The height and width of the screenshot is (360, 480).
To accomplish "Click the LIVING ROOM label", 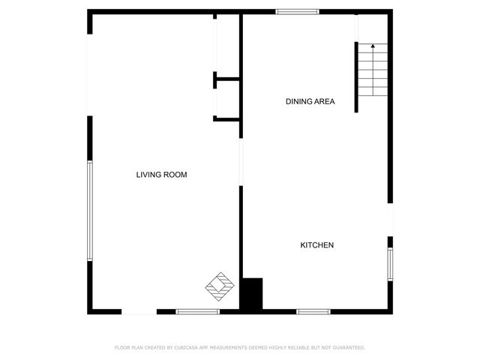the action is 162,175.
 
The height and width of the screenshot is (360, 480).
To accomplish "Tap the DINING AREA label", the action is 310,102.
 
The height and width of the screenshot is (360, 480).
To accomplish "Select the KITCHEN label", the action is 316,245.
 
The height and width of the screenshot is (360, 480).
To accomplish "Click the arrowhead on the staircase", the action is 373,46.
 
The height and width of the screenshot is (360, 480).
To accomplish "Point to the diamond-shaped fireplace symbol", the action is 220,286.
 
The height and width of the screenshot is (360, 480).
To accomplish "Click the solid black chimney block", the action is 253,294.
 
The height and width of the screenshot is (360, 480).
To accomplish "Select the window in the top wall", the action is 297,12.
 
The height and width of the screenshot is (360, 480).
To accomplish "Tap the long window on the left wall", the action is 90,211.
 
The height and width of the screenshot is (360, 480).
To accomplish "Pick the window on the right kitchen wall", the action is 390,264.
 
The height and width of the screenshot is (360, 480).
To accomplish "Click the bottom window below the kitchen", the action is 313,312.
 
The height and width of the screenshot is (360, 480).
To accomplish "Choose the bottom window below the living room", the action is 198,312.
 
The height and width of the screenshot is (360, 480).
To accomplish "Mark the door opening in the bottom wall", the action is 139,312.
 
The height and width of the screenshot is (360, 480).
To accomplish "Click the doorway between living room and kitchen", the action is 241,162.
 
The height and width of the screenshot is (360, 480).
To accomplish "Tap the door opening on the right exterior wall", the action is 390,220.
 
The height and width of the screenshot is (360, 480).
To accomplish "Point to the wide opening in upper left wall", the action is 90,75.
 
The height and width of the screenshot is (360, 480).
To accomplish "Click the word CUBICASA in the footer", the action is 186,348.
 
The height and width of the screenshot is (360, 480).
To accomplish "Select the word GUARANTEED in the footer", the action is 349,348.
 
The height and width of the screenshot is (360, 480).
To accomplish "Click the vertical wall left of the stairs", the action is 356,77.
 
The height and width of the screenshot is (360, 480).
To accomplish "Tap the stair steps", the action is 373,70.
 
